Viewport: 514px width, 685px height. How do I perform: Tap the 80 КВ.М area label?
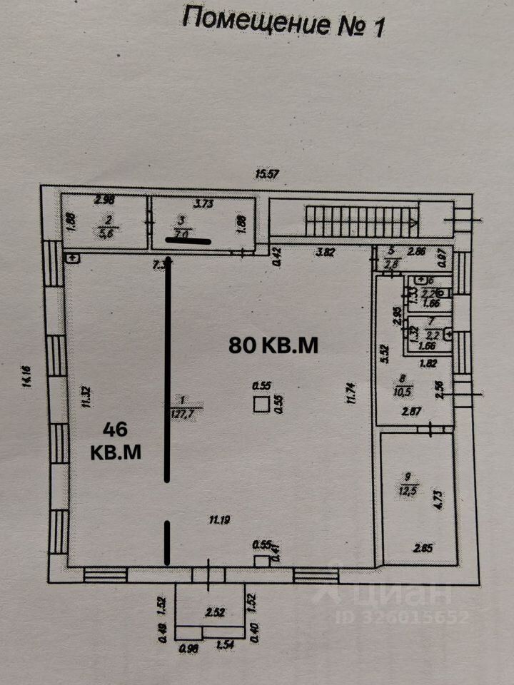(x=273, y=345)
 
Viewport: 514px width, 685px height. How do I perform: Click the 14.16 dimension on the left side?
(x=26, y=377)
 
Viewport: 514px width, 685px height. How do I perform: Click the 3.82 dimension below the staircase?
(x=326, y=251)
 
